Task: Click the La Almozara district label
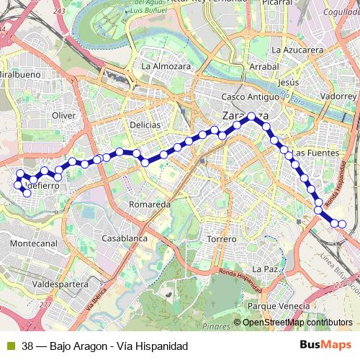pyautogui.click(x=166, y=66)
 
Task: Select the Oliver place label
pyautogui.click(x=64, y=115)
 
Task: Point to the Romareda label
pyautogui.click(x=149, y=204)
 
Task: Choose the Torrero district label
pyautogui.click(x=221, y=238)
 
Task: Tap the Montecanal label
pyautogui.click(x=34, y=244)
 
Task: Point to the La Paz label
pyautogui.click(x=266, y=269)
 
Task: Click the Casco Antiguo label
pyautogui.click(x=250, y=96)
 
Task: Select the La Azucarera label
pyautogui.click(x=297, y=50)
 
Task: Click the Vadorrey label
pyautogui.click(x=338, y=95)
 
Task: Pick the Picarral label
pyautogui.click(x=276, y=3)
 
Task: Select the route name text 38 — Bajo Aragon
pyautogui.click(x=65, y=346)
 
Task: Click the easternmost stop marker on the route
pyautogui.click(x=343, y=224)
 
